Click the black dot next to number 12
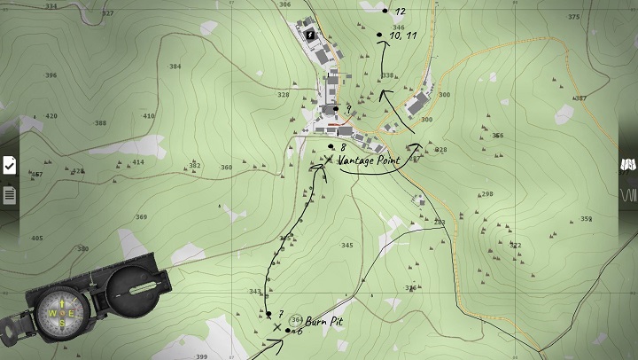(x=385, y=11)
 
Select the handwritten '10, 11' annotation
(x=403, y=35)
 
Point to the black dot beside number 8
(x=331, y=146)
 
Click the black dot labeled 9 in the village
(x=337, y=109)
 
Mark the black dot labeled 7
(x=268, y=313)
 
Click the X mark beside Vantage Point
(x=329, y=160)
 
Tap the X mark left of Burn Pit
(x=278, y=328)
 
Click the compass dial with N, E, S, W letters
(x=62, y=314)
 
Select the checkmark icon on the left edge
(x=10, y=165)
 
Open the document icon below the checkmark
(x=10, y=194)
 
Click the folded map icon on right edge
(x=628, y=165)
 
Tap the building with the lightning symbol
(x=311, y=34)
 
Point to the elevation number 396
(x=51, y=75)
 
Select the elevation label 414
(x=138, y=162)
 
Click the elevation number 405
(x=36, y=239)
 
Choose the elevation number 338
(x=387, y=75)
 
